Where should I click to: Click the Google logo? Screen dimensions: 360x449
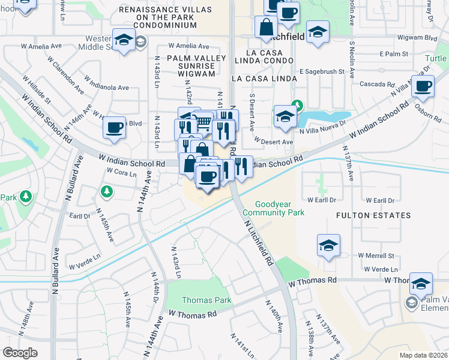click(x=20, y=353)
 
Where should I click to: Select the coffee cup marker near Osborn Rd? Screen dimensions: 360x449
click(x=423, y=86)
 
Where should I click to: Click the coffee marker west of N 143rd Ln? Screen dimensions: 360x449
click(x=114, y=128)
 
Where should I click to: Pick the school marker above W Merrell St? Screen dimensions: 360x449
click(x=328, y=245)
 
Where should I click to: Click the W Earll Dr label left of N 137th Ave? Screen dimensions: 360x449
click(x=320, y=200)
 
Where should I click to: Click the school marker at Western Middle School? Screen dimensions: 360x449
click(x=124, y=41)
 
